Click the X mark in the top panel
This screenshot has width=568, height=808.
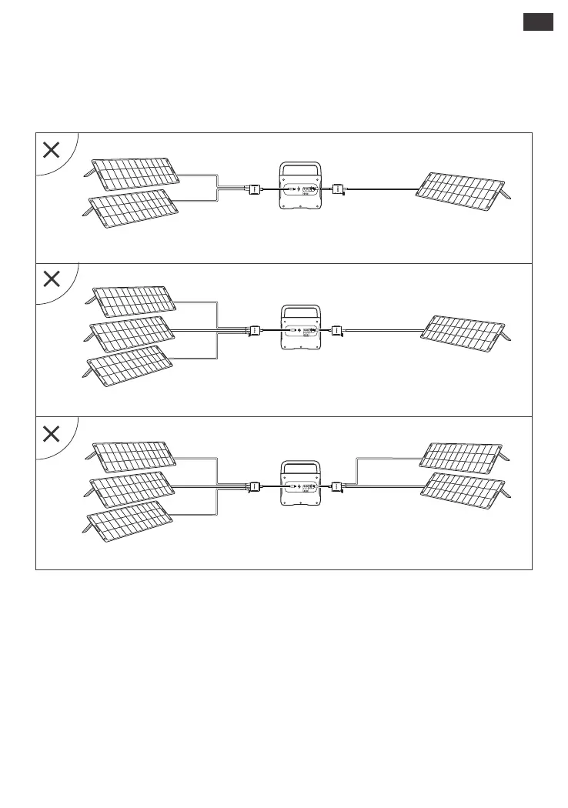51,150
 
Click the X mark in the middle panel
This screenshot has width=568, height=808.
51,279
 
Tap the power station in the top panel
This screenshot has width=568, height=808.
299,188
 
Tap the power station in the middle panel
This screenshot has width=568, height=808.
299,332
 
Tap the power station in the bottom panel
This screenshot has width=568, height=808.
299,486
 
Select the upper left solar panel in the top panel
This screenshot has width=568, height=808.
135,174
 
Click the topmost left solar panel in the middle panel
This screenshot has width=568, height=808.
135,302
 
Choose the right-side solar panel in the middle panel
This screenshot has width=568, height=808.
469,330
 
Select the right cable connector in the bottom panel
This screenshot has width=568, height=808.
336,486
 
